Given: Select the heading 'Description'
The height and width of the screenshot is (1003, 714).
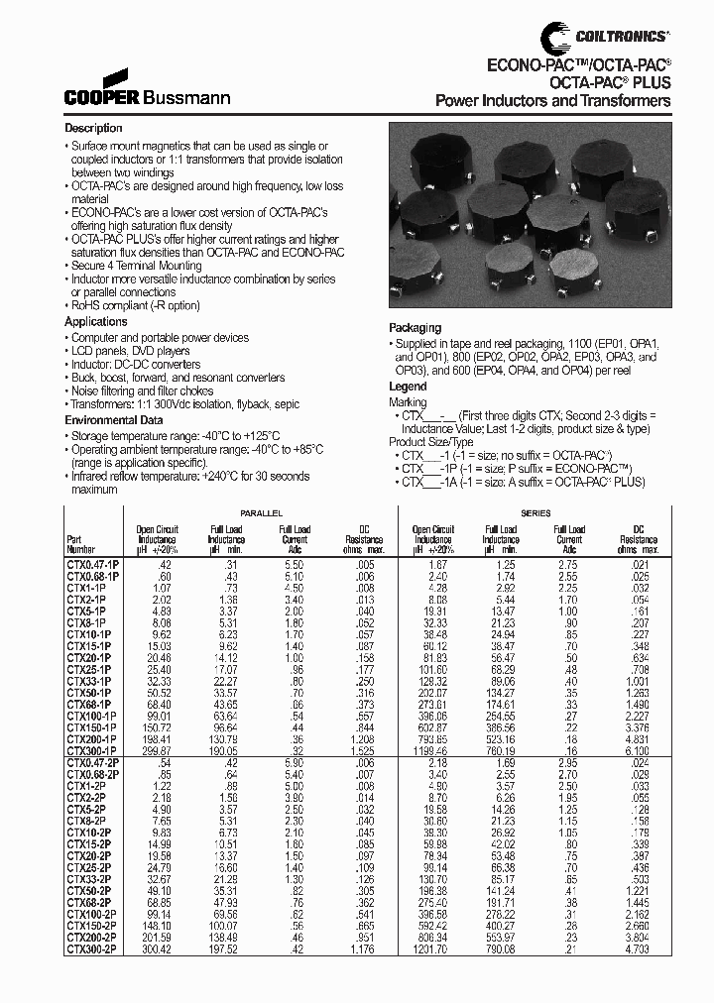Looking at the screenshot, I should tap(93, 129).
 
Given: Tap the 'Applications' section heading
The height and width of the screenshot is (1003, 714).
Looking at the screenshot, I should tap(96, 322).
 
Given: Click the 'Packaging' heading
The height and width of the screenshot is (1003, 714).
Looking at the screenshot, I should tap(415, 328).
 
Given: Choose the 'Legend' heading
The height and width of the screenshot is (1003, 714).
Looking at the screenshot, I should tap(408, 387).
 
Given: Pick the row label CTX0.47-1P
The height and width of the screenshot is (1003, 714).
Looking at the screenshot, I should tap(92, 562).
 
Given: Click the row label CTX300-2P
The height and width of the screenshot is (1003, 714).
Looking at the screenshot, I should tap(90, 947).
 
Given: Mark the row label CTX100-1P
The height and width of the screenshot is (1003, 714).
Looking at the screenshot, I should tap(92, 714).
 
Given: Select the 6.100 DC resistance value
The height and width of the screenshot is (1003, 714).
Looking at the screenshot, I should tap(642, 751).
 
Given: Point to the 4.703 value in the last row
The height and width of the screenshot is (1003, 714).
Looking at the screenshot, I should tap(642, 947).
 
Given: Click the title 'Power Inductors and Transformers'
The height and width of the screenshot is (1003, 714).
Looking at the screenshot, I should tap(553, 101).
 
